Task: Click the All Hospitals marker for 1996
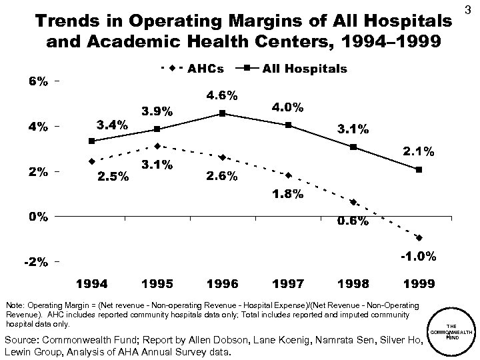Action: coord(222,113)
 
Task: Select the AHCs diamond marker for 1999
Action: coord(419,237)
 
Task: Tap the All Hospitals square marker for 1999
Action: coord(419,170)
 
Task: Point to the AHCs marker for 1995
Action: coord(157,146)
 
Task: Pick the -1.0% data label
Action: coord(418,256)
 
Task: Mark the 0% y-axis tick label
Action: coord(37,217)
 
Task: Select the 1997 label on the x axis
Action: coord(287,284)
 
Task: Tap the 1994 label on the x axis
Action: coord(91,284)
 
